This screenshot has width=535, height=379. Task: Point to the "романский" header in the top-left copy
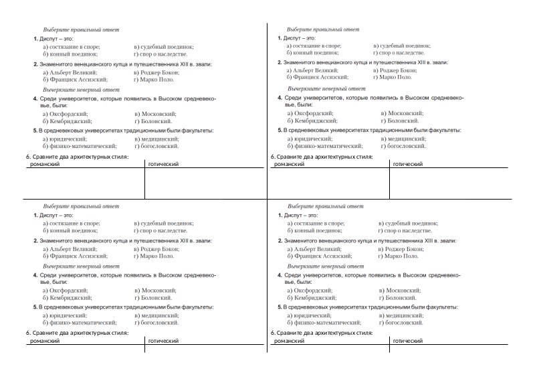(45, 164)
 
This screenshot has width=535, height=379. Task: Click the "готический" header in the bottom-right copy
(408, 342)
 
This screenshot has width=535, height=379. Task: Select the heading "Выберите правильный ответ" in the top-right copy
(323, 29)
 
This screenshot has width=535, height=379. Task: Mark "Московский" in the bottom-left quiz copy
(158, 290)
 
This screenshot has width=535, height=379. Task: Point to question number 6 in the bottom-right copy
(273, 332)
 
